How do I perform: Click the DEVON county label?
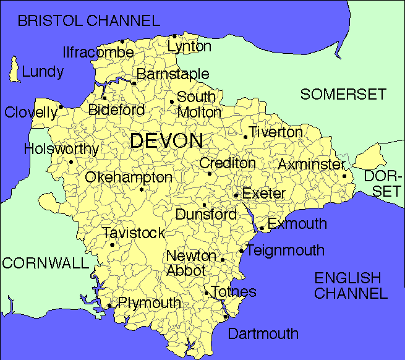point(166,140)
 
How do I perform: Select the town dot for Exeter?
point(236,195)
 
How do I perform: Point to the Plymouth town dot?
point(109,305)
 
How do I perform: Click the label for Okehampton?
point(129,178)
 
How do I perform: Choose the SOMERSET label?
point(343,95)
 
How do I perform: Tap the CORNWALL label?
point(45,263)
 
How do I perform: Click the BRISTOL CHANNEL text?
point(88,21)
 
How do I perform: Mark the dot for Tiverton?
point(245,137)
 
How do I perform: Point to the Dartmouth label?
point(263,334)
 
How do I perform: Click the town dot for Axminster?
point(344,176)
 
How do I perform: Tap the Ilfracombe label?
point(98,52)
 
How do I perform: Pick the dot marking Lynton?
point(174,36)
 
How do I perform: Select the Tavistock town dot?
point(112,245)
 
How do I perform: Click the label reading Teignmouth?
point(285,251)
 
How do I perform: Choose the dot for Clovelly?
point(61,107)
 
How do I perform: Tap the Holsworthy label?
point(61,149)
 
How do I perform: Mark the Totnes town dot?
point(206,293)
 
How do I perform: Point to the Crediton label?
point(227,163)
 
